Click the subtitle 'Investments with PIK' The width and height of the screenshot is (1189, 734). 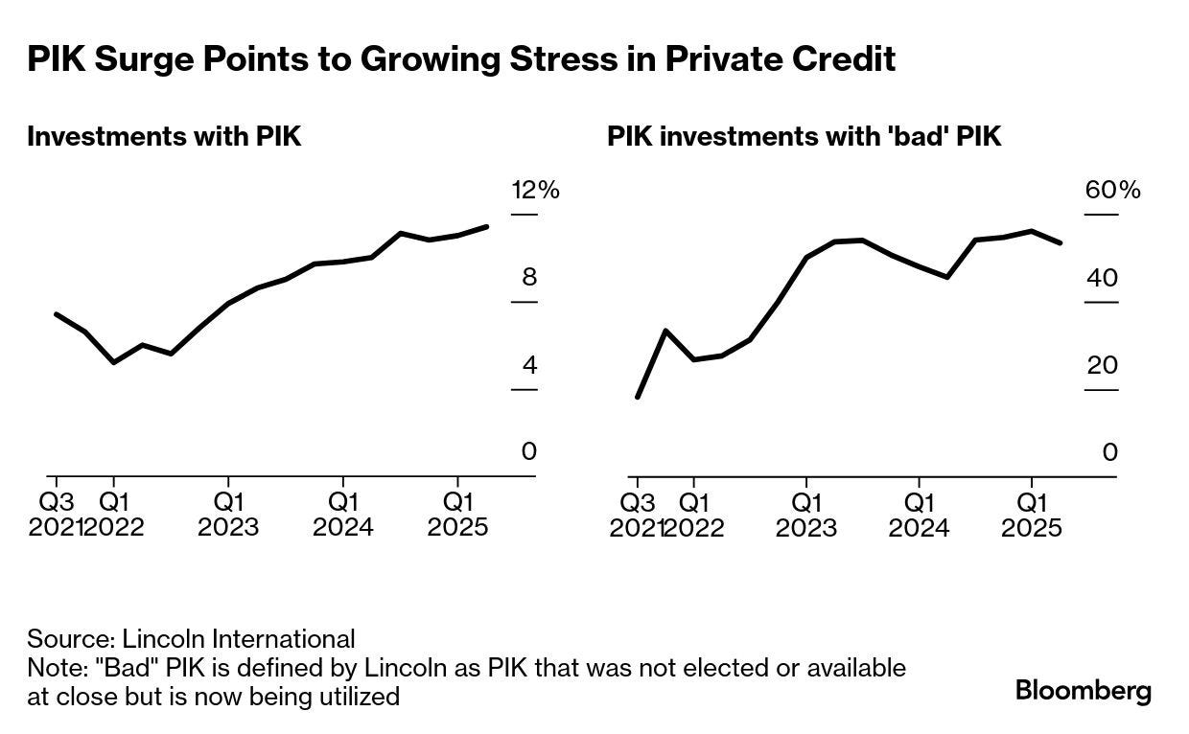tap(164, 136)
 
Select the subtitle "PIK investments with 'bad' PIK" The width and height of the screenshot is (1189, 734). tap(804, 136)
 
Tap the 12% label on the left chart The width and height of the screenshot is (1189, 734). tap(535, 190)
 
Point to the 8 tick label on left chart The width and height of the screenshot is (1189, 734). tap(528, 278)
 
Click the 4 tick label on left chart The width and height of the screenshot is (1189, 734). tap(528, 365)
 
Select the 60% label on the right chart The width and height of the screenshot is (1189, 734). tap(1112, 190)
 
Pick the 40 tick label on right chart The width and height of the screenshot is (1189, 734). tap(1104, 278)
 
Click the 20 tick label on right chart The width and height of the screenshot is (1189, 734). tap(1104, 365)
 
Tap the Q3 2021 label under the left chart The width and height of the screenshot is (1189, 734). tap(56, 514)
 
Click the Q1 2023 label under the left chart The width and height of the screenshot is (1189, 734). tap(228, 514)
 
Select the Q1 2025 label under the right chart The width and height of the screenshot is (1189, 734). tap(1032, 514)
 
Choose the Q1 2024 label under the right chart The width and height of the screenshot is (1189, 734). tap(919, 514)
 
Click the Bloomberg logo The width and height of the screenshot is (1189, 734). tap(1084, 691)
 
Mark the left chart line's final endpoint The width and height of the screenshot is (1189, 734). tap(488, 227)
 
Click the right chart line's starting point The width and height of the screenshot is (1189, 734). tap(638, 397)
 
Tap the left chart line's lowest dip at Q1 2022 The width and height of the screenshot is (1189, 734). tap(113, 362)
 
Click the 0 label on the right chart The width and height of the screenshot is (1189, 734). tap(1110, 451)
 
